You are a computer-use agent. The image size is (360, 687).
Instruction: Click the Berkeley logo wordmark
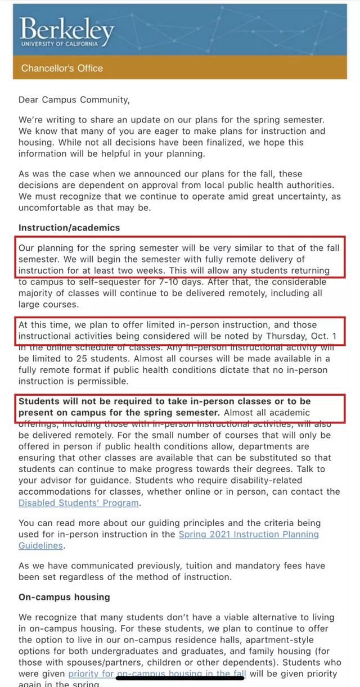(x=66, y=28)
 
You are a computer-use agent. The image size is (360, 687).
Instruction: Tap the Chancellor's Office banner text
(x=62, y=68)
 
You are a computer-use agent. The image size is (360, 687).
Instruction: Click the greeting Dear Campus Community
(x=74, y=100)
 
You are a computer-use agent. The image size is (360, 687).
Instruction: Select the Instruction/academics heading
(x=69, y=228)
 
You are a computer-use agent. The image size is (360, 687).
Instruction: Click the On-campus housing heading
(x=64, y=596)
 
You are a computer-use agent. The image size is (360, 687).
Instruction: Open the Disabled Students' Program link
(x=78, y=503)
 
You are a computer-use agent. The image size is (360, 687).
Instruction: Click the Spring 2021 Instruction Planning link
(x=247, y=534)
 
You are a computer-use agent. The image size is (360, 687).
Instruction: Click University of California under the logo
(x=58, y=44)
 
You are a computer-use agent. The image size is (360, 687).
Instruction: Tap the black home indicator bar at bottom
(x=179, y=678)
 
